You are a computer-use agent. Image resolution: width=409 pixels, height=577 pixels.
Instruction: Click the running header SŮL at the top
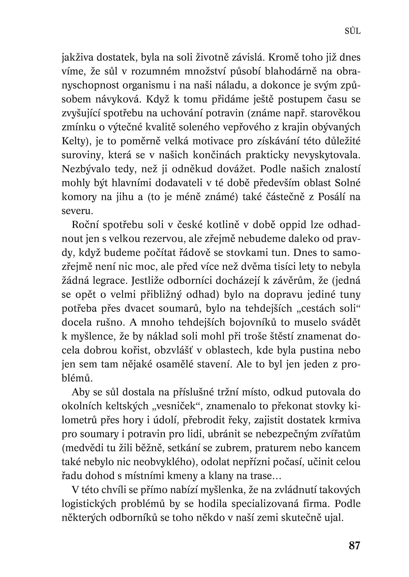353,31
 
